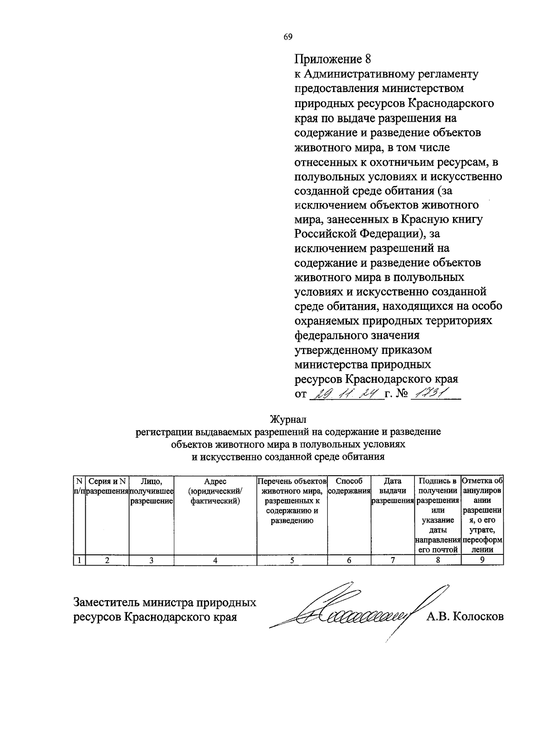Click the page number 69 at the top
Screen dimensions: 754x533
tap(288, 37)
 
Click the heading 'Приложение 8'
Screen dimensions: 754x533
tap(332, 59)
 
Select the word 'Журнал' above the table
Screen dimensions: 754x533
tap(288, 419)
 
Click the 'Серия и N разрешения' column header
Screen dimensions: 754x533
tap(107, 486)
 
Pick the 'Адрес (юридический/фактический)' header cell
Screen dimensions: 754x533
tap(215, 491)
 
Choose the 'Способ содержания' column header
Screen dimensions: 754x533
tap(349, 486)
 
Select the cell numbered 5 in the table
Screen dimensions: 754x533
tap(292, 560)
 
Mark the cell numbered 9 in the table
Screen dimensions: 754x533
tap(482, 560)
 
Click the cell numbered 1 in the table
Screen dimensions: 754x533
tap(79, 560)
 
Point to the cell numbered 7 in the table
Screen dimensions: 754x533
tap(393, 560)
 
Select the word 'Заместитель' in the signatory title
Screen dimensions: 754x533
tap(106, 602)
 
